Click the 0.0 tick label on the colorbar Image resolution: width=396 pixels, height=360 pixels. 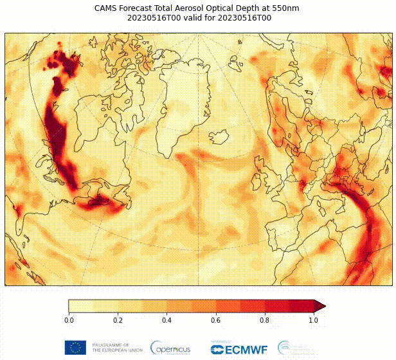(x=69, y=319)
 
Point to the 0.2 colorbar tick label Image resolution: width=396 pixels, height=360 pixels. (x=118, y=319)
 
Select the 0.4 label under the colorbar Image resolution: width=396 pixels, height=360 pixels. (x=166, y=319)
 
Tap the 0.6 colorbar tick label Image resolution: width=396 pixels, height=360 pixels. (x=215, y=319)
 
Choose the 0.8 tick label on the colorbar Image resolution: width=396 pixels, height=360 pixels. (x=264, y=319)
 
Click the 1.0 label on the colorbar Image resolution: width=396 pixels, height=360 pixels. (x=313, y=319)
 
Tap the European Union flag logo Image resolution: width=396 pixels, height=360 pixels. (x=75, y=348)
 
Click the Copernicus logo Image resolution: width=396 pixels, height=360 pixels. (x=170, y=348)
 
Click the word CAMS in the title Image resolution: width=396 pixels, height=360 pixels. (x=106, y=8)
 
